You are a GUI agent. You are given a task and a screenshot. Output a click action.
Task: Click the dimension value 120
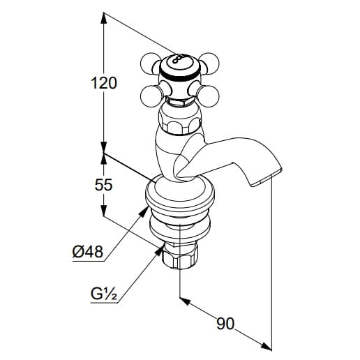pyautogui.click(x=104, y=83)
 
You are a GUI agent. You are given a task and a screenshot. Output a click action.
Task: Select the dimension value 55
pyautogui.click(x=104, y=185)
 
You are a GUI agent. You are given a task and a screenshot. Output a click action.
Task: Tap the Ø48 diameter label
pyautogui.click(x=88, y=251)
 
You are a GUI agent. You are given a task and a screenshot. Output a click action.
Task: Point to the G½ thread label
pyautogui.click(x=104, y=294)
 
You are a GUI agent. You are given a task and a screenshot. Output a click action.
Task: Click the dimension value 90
pyautogui.click(x=225, y=324)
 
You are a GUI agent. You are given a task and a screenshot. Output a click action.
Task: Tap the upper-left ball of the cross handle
pyautogui.click(x=150, y=63)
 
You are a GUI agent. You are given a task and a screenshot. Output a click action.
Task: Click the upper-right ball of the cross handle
pyautogui.click(x=209, y=63)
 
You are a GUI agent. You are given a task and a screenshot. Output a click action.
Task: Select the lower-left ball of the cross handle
pyautogui.click(x=151, y=96)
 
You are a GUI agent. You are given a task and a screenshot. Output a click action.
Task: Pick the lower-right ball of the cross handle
pyautogui.click(x=208, y=96)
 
